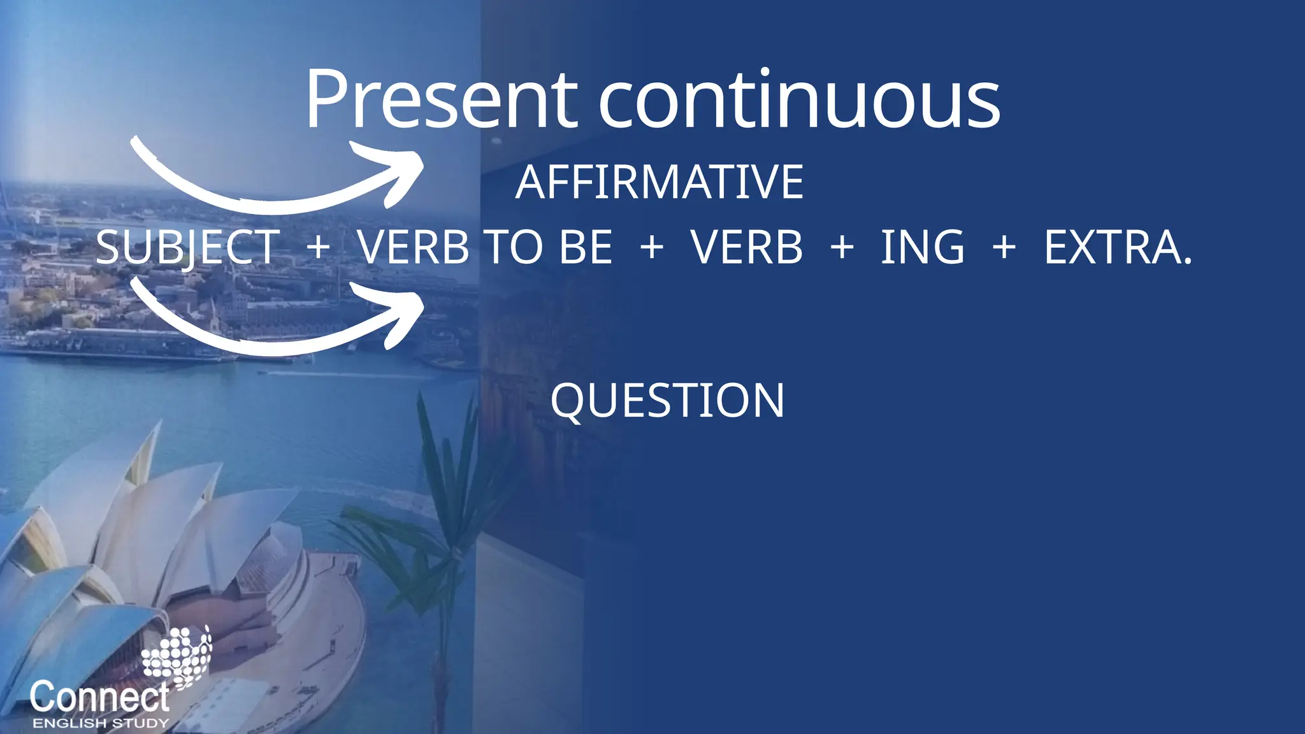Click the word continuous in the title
[x=799, y=101]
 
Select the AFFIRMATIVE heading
[x=660, y=182]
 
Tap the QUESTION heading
[x=667, y=401]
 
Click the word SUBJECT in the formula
[x=188, y=247]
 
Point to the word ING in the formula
[x=922, y=247]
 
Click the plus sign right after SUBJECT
[x=319, y=247]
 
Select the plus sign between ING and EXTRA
[x=1004, y=247]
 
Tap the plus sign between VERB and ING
[x=842, y=247]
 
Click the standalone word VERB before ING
[x=747, y=247]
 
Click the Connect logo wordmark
[x=99, y=696]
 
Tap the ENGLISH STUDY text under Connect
[x=101, y=723]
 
